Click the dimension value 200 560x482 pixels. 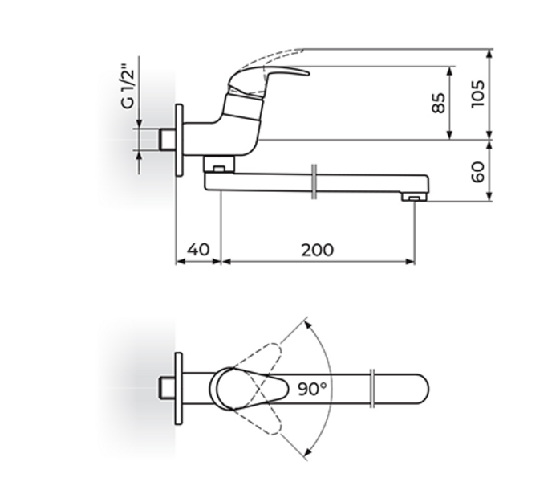point(318,249)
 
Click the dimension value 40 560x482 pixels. point(197,249)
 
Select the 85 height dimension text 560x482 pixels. point(439,103)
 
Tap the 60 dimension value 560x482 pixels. point(480,171)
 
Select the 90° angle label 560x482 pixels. point(312,389)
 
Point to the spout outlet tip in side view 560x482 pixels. point(413,196)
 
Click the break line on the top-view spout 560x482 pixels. point(373,389)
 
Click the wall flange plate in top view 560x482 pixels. point(179,389)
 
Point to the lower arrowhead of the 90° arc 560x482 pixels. point(305,455)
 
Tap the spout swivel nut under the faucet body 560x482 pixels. point(218,164)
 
